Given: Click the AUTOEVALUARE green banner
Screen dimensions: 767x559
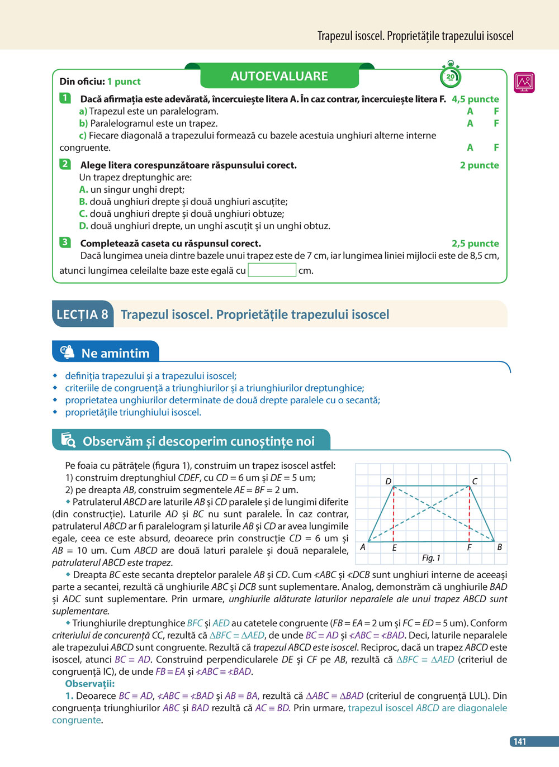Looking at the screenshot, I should (279, 76).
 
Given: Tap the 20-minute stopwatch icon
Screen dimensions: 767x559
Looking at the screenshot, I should (451, 76).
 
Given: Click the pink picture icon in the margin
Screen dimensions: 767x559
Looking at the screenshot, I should (524, 83).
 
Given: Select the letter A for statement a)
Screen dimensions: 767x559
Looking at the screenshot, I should (470, 111).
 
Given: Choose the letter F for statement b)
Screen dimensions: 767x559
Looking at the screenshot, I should (496, 123).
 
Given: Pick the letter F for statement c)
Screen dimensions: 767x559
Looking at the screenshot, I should (496, 147).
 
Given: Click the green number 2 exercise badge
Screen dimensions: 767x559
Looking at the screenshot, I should (65, 164).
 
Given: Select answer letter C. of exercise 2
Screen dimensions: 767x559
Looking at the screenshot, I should (83, 213).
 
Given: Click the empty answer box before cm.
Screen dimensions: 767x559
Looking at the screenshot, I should (272, 270).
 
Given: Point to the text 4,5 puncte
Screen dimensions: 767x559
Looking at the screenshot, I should (475, 99).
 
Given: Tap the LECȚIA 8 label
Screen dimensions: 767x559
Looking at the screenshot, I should (82, 315).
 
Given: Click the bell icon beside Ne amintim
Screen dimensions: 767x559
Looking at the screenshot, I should (67, 352).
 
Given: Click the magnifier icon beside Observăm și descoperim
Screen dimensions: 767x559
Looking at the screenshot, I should (68, 440).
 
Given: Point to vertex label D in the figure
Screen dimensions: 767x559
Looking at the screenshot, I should (389, 481).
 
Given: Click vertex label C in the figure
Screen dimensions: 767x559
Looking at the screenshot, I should (475, 481).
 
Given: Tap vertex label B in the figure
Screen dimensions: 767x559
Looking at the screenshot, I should (499, 547).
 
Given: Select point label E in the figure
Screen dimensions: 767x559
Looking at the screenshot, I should (394, 548).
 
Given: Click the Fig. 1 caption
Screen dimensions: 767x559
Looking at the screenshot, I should (431, 558).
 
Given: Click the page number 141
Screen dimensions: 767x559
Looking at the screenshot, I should (520, 741).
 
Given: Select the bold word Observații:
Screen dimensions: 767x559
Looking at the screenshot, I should (90, 684).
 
